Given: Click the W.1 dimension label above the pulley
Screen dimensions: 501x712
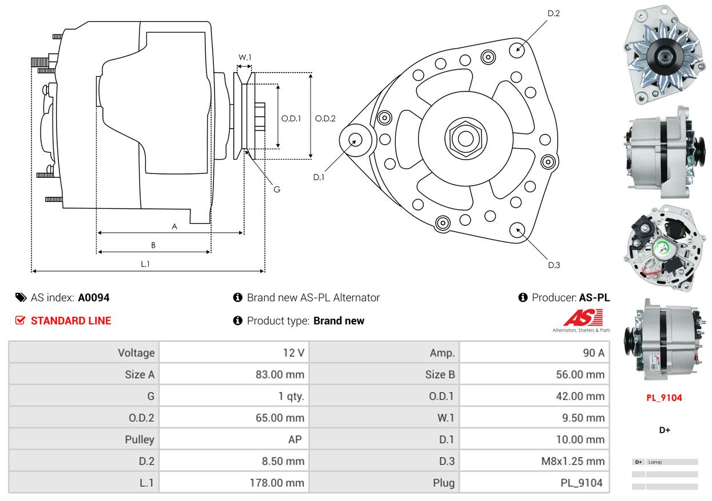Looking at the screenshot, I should (245, 57).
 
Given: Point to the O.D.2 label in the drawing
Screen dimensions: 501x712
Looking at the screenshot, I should (325, 118).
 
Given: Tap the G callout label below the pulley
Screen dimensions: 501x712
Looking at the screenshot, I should (276, 189).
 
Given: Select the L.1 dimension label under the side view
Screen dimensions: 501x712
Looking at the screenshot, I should (145, 264).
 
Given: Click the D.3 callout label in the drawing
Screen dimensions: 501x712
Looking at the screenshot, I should (554, 265).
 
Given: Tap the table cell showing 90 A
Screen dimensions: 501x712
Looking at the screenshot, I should (593, 353).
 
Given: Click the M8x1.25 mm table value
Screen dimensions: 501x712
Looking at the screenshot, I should (573, 461).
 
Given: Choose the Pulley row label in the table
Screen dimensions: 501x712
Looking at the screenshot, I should (140, 439).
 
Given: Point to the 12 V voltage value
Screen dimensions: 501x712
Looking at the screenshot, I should (293, 353).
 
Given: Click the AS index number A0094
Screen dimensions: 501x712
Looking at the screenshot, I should (94, 297).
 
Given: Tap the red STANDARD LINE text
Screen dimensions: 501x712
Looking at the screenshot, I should (71, 321).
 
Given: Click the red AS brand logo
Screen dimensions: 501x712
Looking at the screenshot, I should (583, 318).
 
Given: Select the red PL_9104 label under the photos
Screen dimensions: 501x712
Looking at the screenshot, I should (664, 398).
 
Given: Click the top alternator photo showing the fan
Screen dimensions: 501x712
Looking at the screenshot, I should (663, 55).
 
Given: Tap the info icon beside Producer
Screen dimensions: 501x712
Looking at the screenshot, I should (523, 297).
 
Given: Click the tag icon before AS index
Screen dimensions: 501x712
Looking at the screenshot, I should (21, 297).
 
